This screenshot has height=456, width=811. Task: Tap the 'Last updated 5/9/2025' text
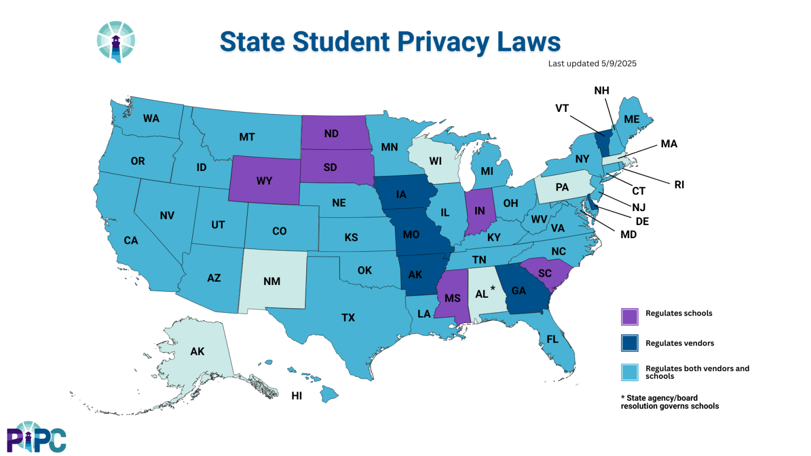(x=592, y=63)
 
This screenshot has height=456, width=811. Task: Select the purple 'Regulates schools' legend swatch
(x=629, y=317)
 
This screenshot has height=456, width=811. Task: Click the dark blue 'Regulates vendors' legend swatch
(x=629, y=343)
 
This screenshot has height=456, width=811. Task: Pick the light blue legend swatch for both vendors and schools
(x=629, y=372)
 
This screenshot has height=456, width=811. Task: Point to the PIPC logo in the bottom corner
(x=36, y=437)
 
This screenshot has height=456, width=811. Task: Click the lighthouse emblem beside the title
(x=116, y=42)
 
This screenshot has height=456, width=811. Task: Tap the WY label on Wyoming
(x=264, y=181)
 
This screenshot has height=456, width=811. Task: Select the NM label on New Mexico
(x=272, y=281)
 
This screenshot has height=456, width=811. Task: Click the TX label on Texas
(x=348, y=318)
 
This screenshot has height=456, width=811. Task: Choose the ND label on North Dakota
(x=331, y=134)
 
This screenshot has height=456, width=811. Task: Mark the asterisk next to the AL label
(x=493, y=288)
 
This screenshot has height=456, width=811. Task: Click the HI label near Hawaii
(x=297, y=396)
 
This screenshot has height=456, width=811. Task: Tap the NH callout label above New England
(x=601, y=91)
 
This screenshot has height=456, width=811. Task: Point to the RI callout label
(x=679, y=185)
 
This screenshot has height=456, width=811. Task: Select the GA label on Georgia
(x=518, y=291)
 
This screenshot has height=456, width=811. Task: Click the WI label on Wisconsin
(x=435, y=161)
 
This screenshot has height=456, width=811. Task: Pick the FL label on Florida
(x=552, y=339)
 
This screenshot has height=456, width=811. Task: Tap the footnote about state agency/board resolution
(x=669, y=402)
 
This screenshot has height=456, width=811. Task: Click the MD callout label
(x=628, y=234)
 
